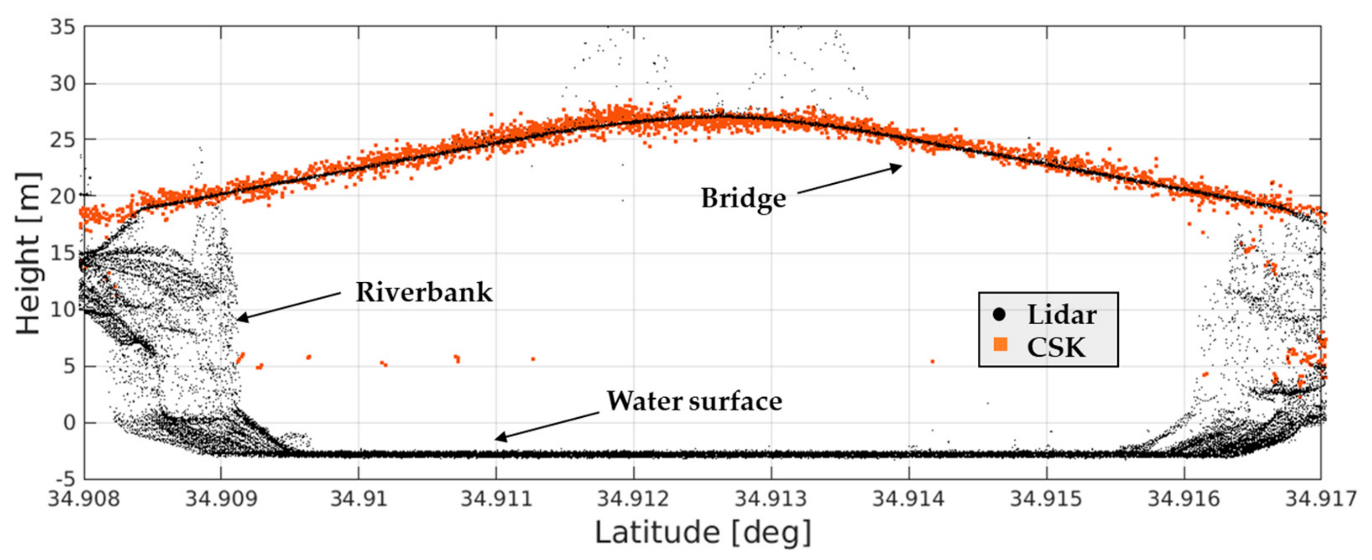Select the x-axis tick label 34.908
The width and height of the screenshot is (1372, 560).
(x=84, y=500)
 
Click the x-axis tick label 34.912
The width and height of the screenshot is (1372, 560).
(x=633, y=500)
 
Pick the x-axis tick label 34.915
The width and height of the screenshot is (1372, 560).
(x=1046, y=500)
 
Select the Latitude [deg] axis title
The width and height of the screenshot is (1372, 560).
(x=703, y=533)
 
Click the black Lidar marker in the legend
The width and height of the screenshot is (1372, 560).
(x=999, y=315)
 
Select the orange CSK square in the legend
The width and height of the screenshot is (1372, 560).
(x=1000, y=346)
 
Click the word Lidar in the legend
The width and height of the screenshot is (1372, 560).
(x=1062, y=315)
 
